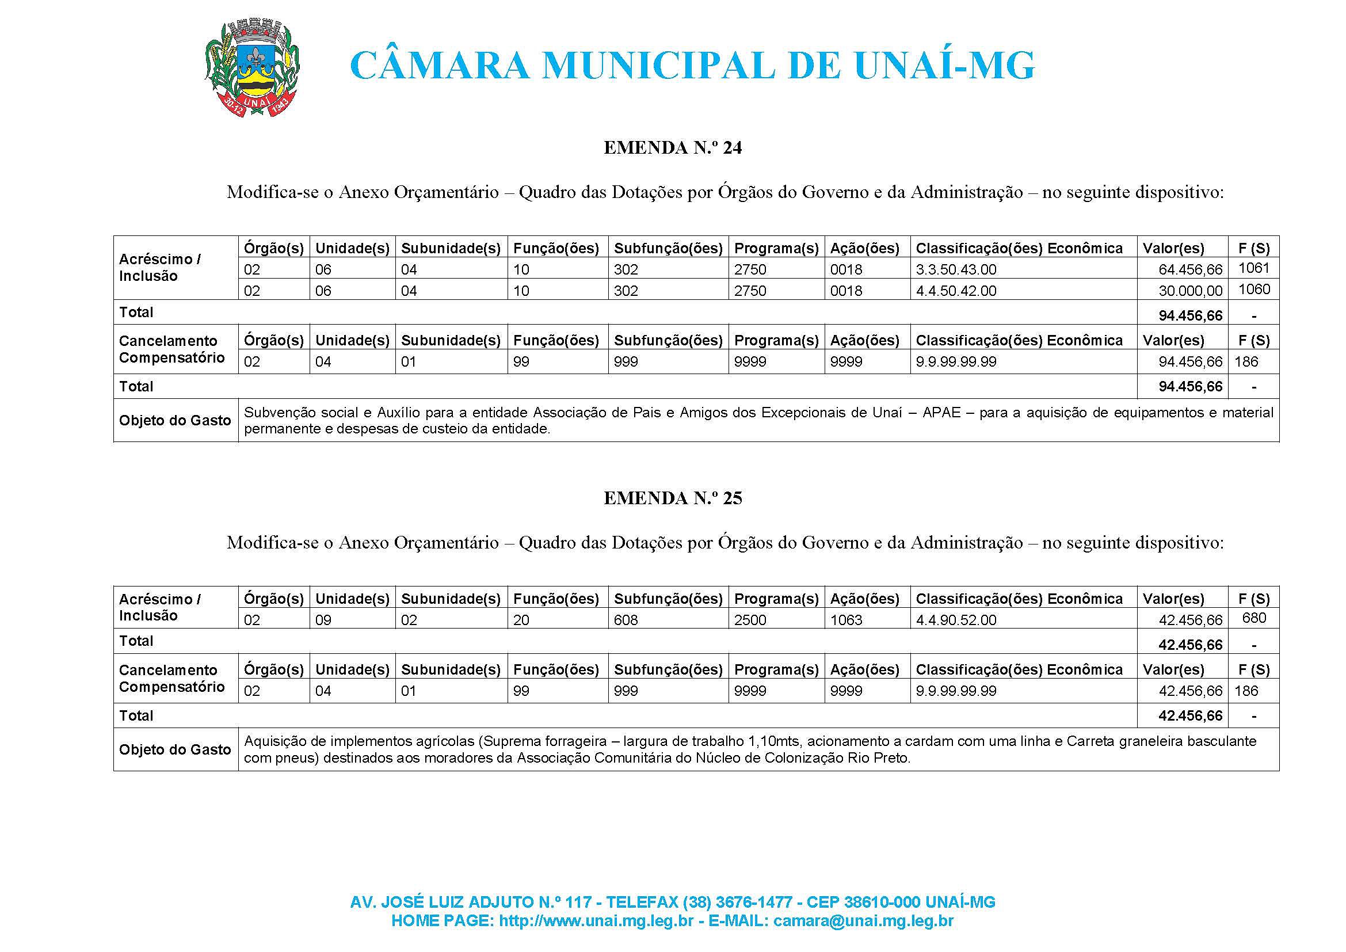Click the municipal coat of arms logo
[253, 70]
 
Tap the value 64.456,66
[1190, 269]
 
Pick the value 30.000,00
[1190, 291]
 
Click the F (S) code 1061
[1253, 268]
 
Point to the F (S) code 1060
[1253, 290]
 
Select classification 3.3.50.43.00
[956, 269]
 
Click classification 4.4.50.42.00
[956, 291]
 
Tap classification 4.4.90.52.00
[956, 620]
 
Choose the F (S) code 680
[1253, 618]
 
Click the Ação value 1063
[846, 620]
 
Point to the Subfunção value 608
[626, 620]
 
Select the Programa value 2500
[750, 620]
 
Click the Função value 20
[521, 620]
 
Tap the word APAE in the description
[941, 413]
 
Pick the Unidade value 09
[323, 620]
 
